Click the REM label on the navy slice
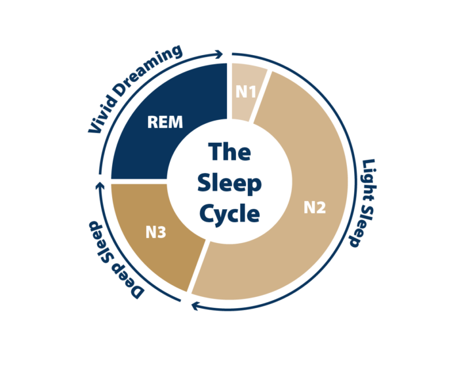coord(165,122)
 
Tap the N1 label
coord(246,92)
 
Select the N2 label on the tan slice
coord(315,207)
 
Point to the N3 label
coord(156,233)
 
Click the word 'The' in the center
coord(229,151)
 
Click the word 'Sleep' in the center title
coord(229,183)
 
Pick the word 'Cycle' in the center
coord(229,214)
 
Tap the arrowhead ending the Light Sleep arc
coord(195,306)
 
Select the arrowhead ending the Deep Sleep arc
coord(100,185)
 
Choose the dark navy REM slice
coord(164,123)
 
